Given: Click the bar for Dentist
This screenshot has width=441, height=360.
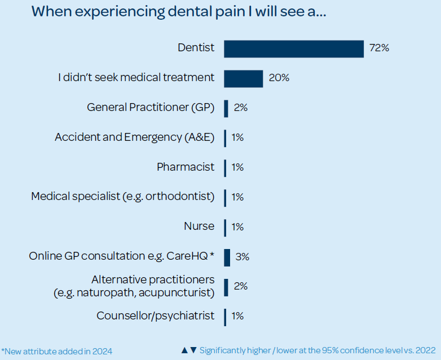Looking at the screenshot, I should click(x=294, y=49).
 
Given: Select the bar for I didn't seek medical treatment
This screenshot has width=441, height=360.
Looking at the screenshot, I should click(x=244, y=79).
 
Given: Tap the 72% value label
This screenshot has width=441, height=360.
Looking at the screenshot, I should click(x=379, y=48).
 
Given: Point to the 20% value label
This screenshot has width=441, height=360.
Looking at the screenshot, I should click(x=279, y=78).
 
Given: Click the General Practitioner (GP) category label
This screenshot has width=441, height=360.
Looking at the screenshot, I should click(x=151, y=108).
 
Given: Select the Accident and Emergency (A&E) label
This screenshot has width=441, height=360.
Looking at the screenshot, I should click(x=135, y=137).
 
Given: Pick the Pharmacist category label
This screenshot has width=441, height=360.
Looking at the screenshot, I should click(x=186, y=167).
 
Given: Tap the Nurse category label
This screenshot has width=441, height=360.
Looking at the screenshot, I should click(x=199, y=226).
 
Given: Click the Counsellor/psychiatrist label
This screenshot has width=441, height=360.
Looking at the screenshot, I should click(x=156, y=315).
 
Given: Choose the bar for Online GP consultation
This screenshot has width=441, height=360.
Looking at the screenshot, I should click(x=227, y=257).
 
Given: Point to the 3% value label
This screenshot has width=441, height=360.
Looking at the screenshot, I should click(x=242, y=257).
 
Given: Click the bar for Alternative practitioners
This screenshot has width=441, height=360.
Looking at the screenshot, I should click(x=226, y=287).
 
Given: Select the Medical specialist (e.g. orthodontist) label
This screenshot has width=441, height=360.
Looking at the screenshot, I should click(x=123, y=197).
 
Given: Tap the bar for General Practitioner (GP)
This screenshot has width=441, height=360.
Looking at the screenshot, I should click(x=226, y=108).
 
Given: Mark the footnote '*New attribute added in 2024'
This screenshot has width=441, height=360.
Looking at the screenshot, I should click(x=57, y=351).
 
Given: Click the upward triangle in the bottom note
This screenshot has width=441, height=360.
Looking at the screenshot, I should click(x=184, y=350).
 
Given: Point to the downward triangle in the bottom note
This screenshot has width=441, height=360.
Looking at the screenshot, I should click(x=193, y=350).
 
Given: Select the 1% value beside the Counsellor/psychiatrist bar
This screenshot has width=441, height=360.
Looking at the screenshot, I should click(x=237, y=316).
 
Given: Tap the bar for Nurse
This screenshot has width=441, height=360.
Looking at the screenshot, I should click(x=225, y=227).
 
